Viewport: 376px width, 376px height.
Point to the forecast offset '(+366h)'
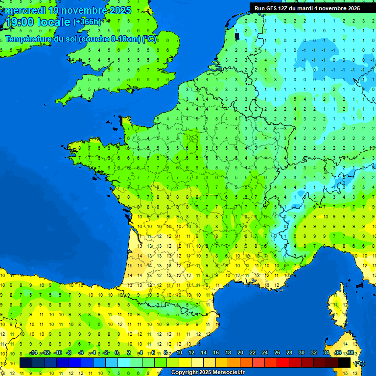(x=88, y=22)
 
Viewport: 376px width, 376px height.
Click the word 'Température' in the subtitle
(x=28, y=39)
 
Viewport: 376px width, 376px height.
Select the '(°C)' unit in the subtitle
(x=149, y=39)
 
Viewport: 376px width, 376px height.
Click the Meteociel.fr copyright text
(x=207, y=372)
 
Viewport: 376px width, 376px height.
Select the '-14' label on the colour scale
(x=33, y=353)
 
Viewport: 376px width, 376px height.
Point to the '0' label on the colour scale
(x=117, y=353)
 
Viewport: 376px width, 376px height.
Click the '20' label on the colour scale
(x=240, y=353)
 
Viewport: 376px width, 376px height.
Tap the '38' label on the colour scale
(x=350, y=353)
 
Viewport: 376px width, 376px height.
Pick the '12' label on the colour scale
(x=191, y=353)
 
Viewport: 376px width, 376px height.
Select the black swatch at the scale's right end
(x=344, y=362)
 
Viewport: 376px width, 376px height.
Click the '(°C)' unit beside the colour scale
(x=360, y=363)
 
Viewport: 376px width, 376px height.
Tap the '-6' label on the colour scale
(x=81, y=353)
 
